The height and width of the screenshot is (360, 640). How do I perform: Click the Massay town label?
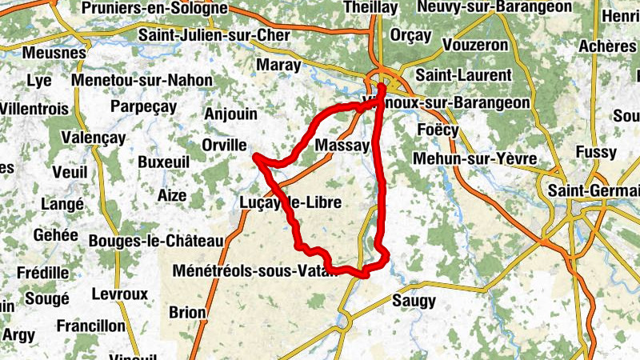click(x=342, y=146)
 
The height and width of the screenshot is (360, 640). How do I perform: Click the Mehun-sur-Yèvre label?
click(x=474, y=158)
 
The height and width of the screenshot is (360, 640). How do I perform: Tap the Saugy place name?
click(x=414, y=301)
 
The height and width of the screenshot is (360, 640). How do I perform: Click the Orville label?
click(x=224, y=145)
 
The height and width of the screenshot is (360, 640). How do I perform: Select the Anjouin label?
click(x=231, y=114)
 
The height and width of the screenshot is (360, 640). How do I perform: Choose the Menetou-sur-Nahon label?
click(x=142, y=80)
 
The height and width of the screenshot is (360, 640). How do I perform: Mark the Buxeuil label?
click(x=164, y=162)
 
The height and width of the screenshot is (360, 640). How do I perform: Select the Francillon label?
click(x=91, y=326)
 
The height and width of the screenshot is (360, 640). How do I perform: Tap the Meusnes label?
click(x=54, y=52)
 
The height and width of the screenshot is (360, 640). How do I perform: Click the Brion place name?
click(x=188, y=312)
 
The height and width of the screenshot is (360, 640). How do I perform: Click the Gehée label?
click(x=56, y=235)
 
